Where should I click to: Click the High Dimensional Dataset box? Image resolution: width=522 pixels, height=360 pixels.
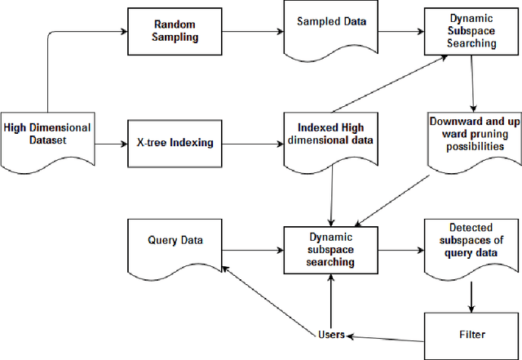click(47, 134)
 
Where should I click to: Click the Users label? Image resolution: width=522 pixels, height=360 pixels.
click(330, 334)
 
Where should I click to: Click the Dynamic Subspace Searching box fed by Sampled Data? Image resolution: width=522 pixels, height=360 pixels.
click(472, 30)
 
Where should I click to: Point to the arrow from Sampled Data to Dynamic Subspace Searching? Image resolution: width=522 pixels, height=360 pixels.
click(390, 33)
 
